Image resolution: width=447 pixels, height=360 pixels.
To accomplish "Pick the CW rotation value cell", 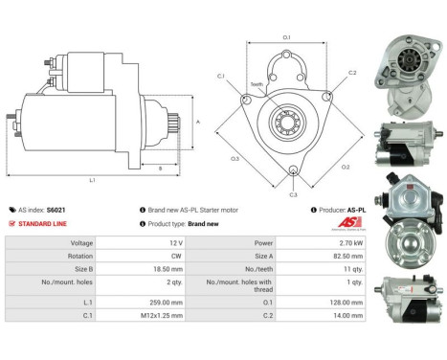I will [178, 258].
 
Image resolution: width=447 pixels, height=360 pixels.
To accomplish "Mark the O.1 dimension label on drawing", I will [286, 37].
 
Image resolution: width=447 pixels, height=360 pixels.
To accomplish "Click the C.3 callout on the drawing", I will [293, 193].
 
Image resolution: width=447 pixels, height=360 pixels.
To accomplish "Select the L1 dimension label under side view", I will [92, 179].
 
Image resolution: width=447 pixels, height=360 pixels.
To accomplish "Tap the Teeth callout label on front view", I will [256, 84].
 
